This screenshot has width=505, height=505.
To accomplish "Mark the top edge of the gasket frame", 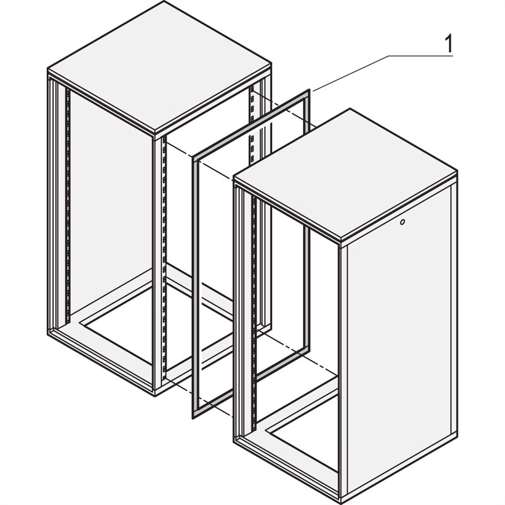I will [x=252, y=124].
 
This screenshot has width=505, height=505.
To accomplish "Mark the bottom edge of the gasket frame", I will [x=252, y=381].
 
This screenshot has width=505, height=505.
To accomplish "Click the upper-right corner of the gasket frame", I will [x=309, y=93].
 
